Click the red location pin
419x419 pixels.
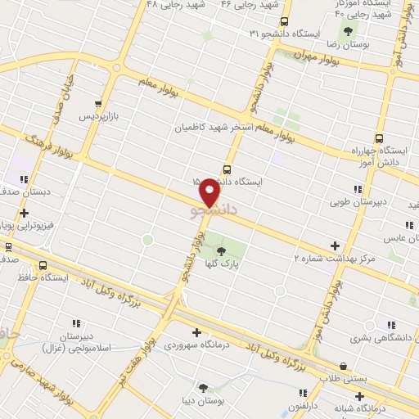coord(210,192)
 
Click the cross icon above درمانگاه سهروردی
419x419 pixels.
coord(196,331)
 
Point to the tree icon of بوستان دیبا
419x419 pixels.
coord(202,388)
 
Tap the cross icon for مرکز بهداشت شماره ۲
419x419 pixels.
coord(334,245)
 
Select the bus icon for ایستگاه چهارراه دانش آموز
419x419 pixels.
coord(378,138)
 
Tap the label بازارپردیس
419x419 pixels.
coord(99,117)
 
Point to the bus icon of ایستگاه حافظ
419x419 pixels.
coord(43,266)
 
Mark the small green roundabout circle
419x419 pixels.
coord(147,240)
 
